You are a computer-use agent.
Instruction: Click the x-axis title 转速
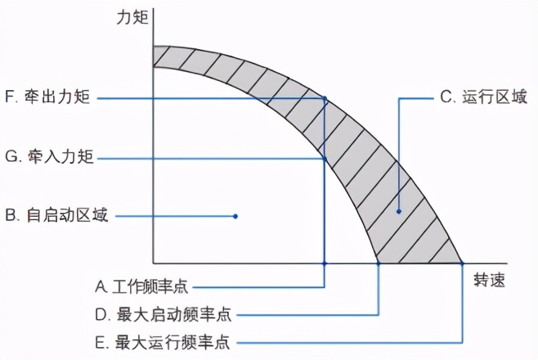[489, 281]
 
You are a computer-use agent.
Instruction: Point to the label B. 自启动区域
[56, 216]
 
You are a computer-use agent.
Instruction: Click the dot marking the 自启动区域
[235, 216]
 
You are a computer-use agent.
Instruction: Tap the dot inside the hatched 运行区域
[398, 212]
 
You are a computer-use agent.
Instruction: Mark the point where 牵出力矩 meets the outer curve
[325, 99]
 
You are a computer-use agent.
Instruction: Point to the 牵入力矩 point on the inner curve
[325, 158]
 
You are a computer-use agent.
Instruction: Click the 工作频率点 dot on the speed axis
[325, 263]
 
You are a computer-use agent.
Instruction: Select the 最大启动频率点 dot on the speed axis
[379, 263]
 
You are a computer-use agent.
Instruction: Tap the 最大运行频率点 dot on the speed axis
[462, 263]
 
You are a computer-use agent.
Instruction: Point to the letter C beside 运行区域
[446, 97]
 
